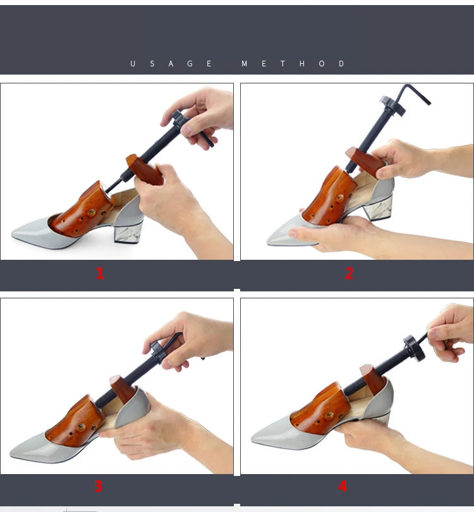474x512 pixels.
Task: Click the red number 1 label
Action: click(x=100, y=273)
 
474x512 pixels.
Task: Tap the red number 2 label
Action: click(x=349, y=273)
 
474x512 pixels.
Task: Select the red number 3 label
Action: click(x=99, y=486)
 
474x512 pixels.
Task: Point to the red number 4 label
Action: click(x=343, y=486)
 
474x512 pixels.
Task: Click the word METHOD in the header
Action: click(x=293, y=64)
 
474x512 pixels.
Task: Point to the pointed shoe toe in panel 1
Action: click(x=25, y=236)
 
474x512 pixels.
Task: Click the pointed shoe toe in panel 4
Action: click(x=262, y=437)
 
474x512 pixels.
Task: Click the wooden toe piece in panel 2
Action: click(x=329, y=194)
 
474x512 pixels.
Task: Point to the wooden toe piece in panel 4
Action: click(x=319, y=408)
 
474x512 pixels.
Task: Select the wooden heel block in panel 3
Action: click(x=122, y=388)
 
